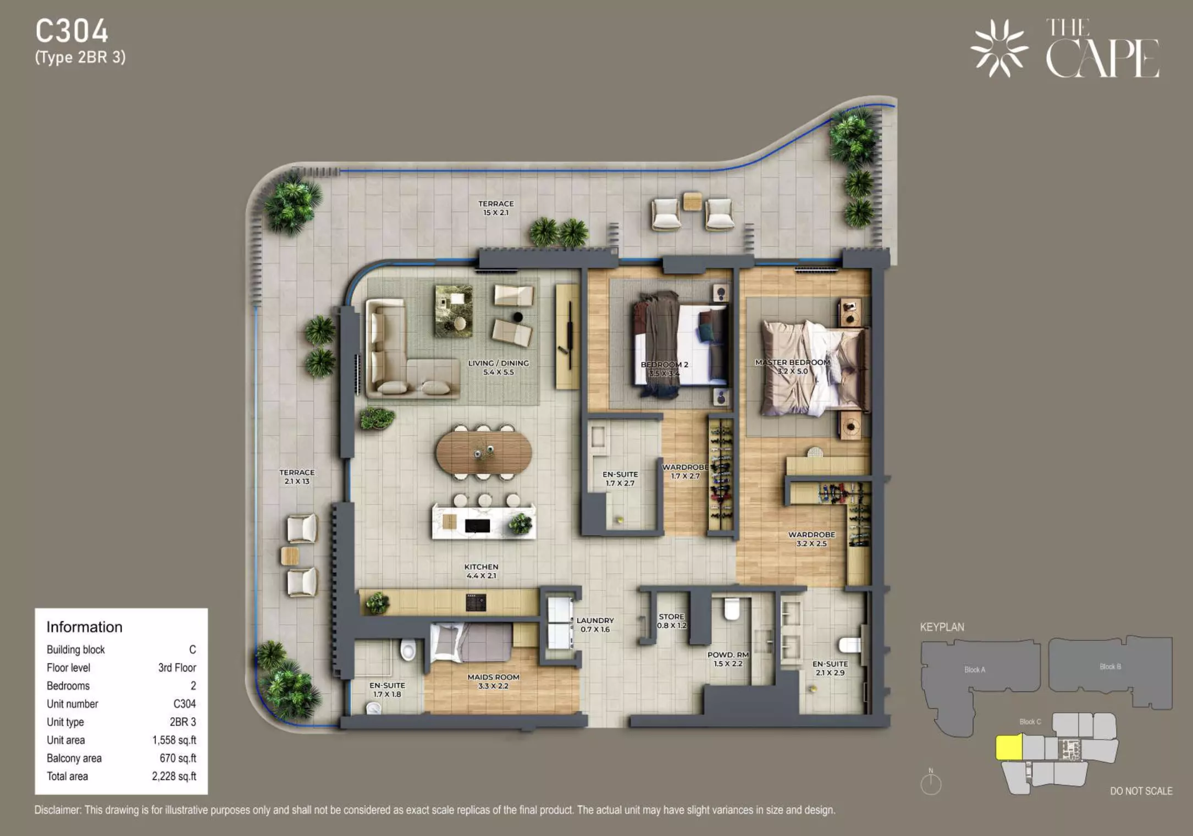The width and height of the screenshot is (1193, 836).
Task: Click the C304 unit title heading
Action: (72, 31)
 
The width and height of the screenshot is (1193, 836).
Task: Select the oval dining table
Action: (484, 452)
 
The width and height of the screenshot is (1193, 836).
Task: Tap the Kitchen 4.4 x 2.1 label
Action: (481, 571)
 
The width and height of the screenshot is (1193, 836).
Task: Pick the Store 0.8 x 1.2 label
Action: (672, 621)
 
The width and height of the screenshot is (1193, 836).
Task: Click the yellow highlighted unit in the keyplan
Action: (1009, 747)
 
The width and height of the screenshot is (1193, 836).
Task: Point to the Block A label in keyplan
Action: (975, 669)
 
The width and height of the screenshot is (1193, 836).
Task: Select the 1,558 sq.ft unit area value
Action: (174, 740)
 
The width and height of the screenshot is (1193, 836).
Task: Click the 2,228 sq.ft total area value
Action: (174, 777)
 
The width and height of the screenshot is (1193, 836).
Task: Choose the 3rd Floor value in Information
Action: (177, 668)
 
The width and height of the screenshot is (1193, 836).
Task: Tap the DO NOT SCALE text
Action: (1141, 791)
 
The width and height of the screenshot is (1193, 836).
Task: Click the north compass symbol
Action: (931, 783)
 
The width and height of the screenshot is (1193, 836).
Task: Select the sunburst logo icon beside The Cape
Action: (999, 48)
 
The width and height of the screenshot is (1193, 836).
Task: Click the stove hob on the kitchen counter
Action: (476, 602)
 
